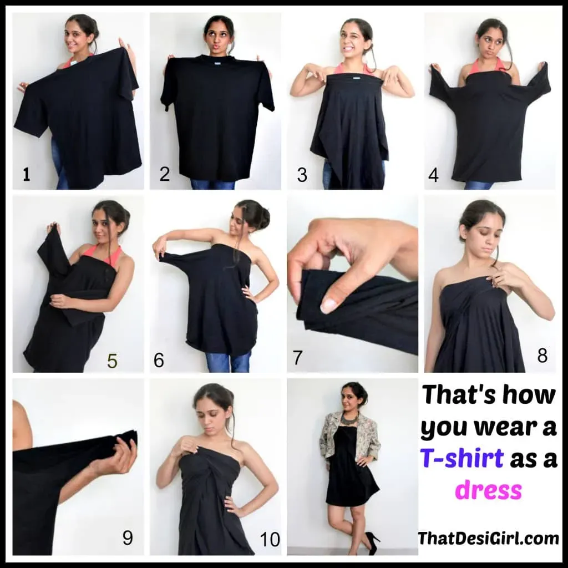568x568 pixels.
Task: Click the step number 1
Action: click(26, 175)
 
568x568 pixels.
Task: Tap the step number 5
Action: click(112, 361)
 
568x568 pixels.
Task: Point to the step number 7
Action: click(297, 358)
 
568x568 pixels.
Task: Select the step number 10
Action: click(270, 540)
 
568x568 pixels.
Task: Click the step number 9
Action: click(128, 538)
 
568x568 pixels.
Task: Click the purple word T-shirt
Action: click(462, 457)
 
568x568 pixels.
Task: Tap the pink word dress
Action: click(488, 490)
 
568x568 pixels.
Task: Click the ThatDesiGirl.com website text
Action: click(488, 538)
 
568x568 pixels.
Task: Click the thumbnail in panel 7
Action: click(329, 306)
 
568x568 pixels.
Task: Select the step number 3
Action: click(302, 175)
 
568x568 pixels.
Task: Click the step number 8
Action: click(542, 356)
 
